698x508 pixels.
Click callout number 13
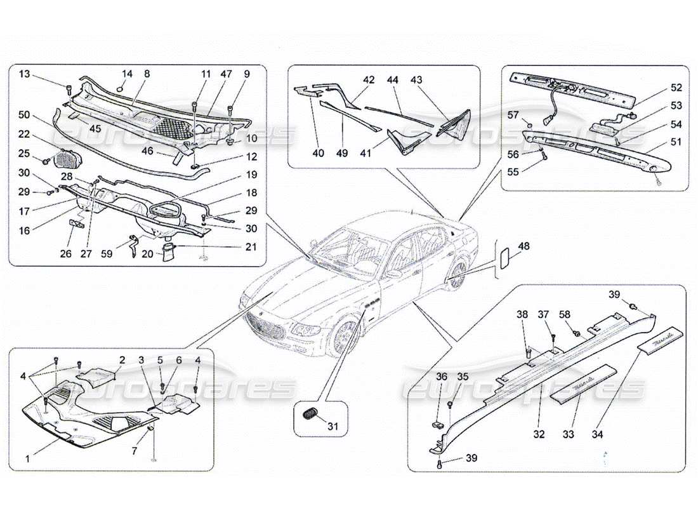coord(24,74)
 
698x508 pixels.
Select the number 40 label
coord(317,153)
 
